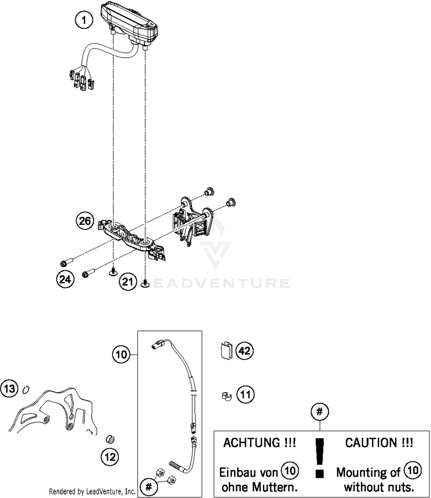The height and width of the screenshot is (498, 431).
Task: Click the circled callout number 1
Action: click(x=84, y=20)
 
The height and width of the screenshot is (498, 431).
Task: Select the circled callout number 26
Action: click(x=85, y=221)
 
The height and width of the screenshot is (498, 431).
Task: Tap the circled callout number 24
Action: click(x=65, y=279)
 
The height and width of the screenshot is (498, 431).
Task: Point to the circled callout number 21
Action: click(x=128, y=282)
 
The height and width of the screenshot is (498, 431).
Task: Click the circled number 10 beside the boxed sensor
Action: click(x=121, y=355)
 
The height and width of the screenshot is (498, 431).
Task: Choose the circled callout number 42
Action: click(x=245, y=351)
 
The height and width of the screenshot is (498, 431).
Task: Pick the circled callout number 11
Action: click(x=245, y=395)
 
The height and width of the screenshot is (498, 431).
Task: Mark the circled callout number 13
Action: click(x=9, y=389)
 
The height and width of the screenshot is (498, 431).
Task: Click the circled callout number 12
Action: click(x=110, y=457)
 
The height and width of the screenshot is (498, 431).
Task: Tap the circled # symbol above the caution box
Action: click(x=320, y=412)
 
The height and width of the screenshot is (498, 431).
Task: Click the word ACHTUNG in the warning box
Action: click(x=251, y=443)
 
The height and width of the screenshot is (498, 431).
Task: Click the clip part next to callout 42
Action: click(x=227, y=350)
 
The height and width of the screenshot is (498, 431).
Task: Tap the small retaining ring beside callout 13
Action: click(x=26, y=390)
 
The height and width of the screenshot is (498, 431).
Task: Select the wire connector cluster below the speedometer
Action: click(x=81, y=81)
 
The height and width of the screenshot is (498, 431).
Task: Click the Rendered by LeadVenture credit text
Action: click(x=92, y=492)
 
